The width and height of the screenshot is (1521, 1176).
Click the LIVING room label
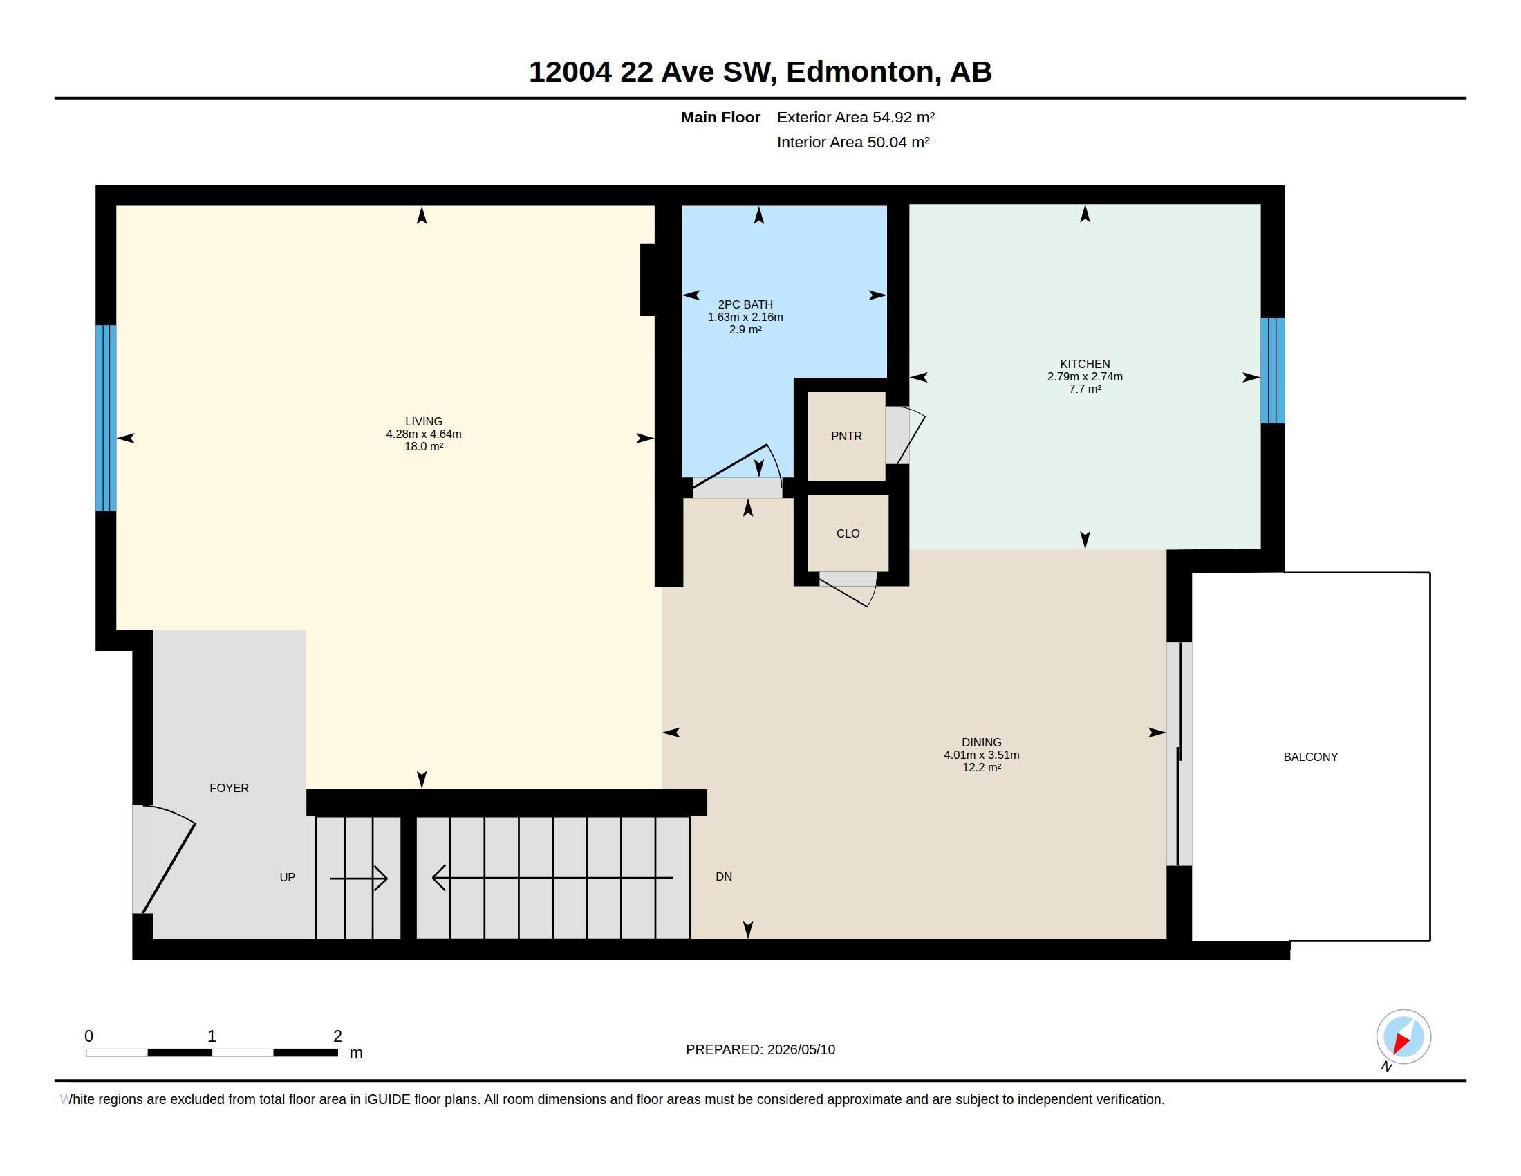(x=423, y=421)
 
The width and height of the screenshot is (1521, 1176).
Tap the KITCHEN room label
(x=1084, y=364)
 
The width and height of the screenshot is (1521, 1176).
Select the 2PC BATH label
(x=745, y=304)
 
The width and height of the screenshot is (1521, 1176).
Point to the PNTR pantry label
(x=846, y=436)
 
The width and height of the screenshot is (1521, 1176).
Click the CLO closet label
(x=848, y=533)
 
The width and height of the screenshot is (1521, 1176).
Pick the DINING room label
(x=981, y=743)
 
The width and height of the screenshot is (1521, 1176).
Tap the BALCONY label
(x=1310, y=757)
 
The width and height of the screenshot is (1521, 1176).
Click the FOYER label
(x=229, y=788)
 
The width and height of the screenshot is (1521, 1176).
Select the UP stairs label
(x=287, y=877)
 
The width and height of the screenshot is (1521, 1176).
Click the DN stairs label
(x=724, y=876)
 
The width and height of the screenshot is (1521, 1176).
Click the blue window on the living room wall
(x=106, y=418)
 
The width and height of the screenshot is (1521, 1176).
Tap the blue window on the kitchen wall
(x=1272, y=371)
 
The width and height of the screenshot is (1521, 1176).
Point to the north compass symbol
(x=1403, y=1038)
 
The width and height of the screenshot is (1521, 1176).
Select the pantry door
(x=905, y=435)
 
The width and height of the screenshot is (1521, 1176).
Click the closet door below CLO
(x=848, y=589)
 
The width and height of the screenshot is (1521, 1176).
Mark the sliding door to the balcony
(x=1179, y=754)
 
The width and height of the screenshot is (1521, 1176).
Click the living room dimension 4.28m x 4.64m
(x=423, y=434)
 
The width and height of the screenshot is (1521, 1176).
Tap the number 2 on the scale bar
(x=338, y=1036)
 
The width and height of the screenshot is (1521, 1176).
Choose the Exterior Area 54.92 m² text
(x=856, y=117)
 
